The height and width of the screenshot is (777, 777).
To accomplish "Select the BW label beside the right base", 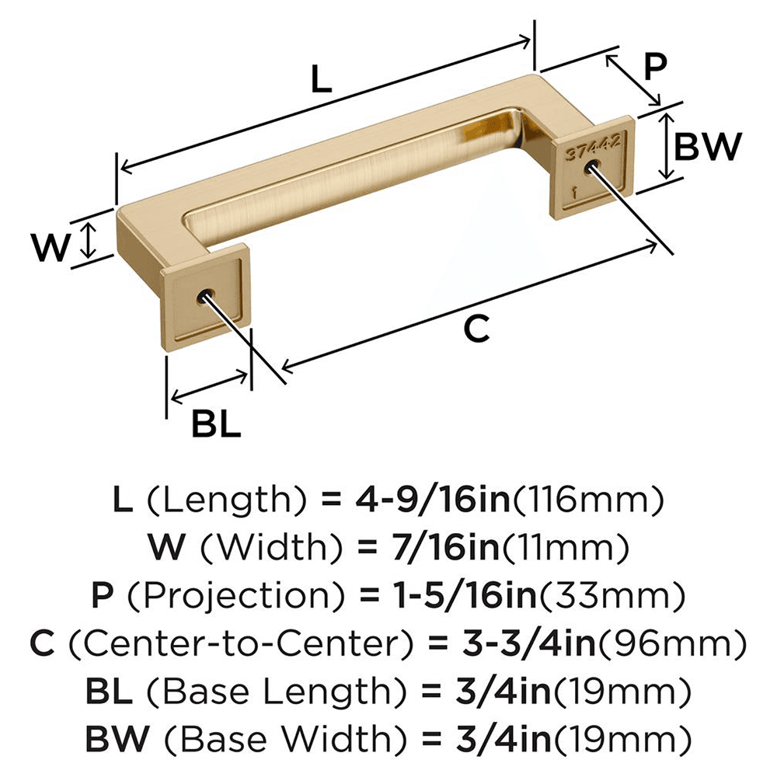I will coord(706,146).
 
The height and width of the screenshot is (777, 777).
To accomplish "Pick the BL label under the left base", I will coord(216,424).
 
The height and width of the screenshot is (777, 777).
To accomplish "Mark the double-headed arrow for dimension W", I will coord(90,241).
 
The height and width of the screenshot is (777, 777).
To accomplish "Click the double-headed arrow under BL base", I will coord(209,388).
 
